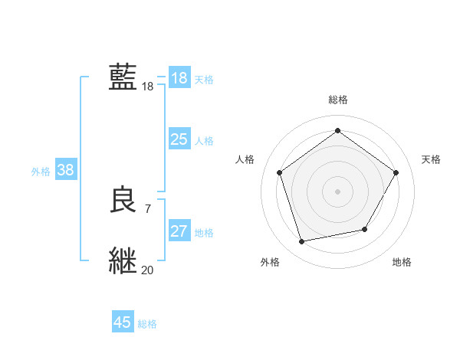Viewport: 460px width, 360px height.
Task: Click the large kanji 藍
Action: pyautogui.click(x=123, y=77)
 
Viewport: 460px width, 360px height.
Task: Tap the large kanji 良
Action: pyautogui.click(x=123, y=200)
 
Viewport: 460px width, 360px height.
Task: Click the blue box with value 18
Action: pyautogui.click(x=179, y=78)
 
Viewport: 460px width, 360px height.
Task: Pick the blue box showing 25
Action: pyautogui.click(x=179, y=139)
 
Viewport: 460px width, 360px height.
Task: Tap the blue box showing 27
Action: pyautogui.click(x=179, y=231)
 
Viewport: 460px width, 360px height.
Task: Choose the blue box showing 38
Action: pyautogui.click(x=65, y=170)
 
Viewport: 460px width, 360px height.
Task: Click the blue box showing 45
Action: pyautogui.click(x=123, y=322)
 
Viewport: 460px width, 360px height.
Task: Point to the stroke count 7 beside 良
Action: pyautogui.click(x=147, y=208)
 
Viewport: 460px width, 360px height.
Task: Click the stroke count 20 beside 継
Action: pyautogui.click(x=147, y=270)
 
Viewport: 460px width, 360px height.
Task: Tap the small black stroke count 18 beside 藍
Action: pyautogui.click(x=147, y=87)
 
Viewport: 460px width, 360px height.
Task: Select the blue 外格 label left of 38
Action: pyautogui.click(x=41, y=172)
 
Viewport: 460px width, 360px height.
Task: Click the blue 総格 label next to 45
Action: pyautogui.click(x=147, y=324)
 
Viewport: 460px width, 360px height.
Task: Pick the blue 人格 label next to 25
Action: pyautogui.click(x=204, y=141)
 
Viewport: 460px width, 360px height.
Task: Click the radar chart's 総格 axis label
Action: pyautogui.click(x=337, y=100)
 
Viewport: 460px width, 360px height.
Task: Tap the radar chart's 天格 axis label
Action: pyautogui.click(x=431, y=159)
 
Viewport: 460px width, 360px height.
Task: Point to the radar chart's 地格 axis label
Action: pyautogui.click(x=402, y=262)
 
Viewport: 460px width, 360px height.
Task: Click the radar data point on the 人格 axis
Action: pyautogui.click(x=279, y=172)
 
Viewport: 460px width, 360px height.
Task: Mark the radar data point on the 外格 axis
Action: pyautogui.click(x=302, y=241)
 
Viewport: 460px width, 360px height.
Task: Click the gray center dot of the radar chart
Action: pyautogui.click(x=337, y=191)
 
